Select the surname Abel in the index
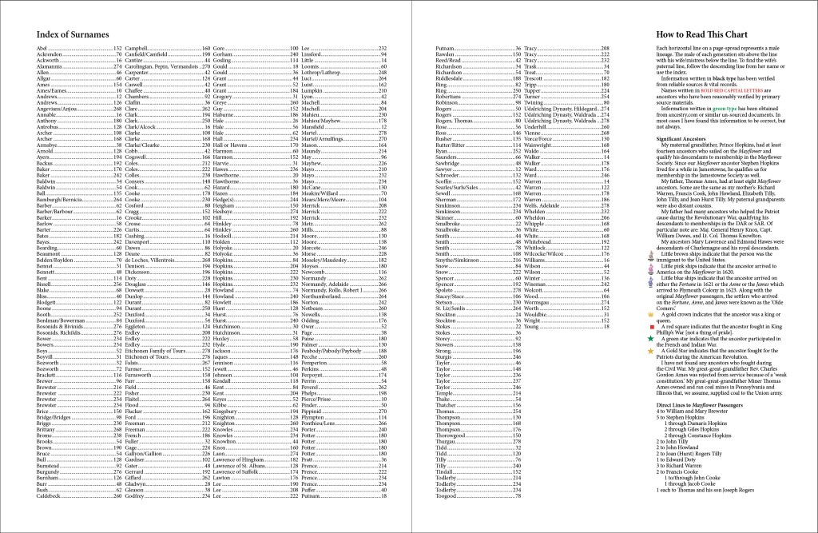(x=42, y=49)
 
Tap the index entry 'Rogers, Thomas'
(x=455, y=120)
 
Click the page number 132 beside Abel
(x=117, y=49)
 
